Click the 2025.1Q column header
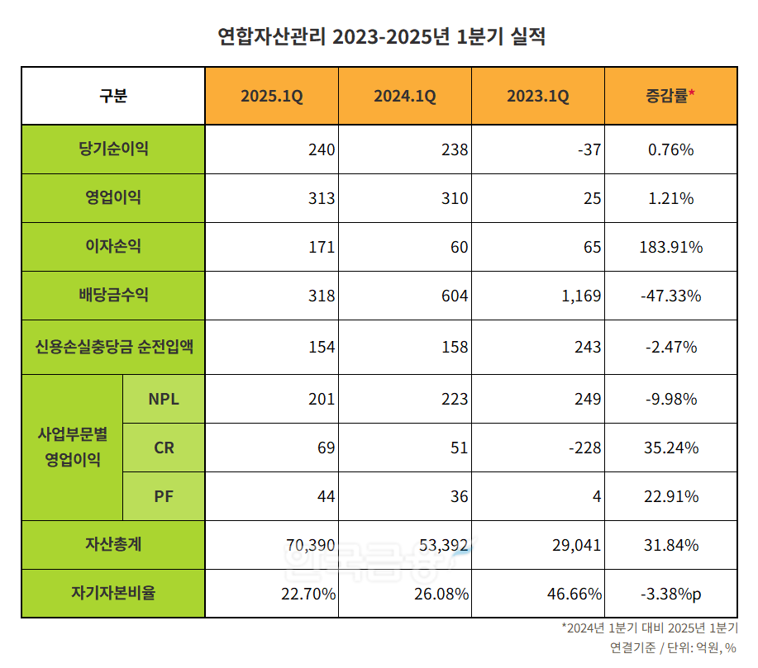272,97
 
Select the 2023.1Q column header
538,97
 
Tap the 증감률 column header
670,97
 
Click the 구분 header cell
113,97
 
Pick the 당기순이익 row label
113,149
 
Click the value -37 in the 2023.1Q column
589,150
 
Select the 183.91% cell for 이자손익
670,247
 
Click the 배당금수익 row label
113,296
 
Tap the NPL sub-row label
164,400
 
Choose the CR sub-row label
164,448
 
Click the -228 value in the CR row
584,448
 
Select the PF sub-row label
164,497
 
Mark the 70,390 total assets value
310,546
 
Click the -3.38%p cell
670,594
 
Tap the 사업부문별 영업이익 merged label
73,447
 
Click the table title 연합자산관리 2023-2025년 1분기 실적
380,37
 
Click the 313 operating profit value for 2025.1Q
321,199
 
